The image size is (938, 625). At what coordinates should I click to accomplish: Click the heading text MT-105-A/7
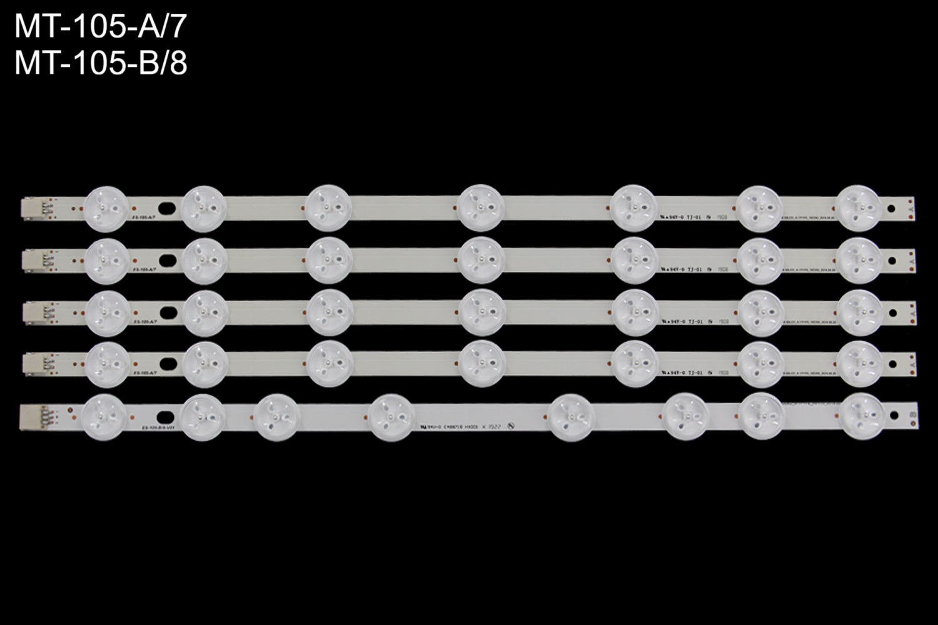[100, 27]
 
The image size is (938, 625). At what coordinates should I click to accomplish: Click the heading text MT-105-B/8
[100, 63]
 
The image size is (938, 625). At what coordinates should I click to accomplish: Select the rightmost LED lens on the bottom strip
[862, 414]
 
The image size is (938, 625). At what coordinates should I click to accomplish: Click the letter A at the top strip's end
[912, 204]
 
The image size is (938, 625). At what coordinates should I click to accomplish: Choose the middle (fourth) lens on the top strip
[480, 206]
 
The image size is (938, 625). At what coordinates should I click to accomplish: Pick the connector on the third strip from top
[30, 310]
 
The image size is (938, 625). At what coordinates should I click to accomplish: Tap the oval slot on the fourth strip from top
[168, 362]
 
